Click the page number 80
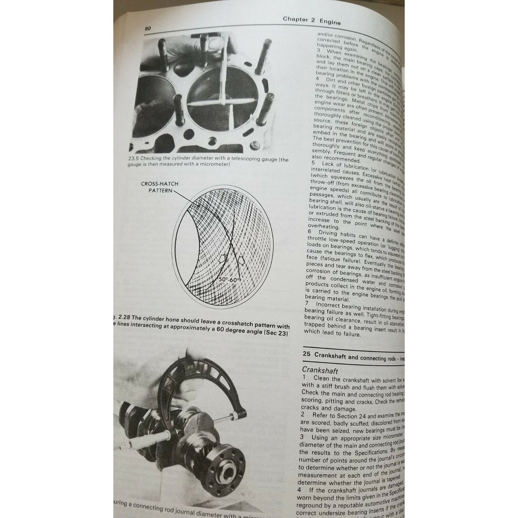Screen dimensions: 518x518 pyautogui.click(x=148, y=29)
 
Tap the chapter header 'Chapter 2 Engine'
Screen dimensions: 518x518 pyautogui.click(x=311, y=20)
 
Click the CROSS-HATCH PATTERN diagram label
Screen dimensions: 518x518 pyautogui.click(x=160, y=187)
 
